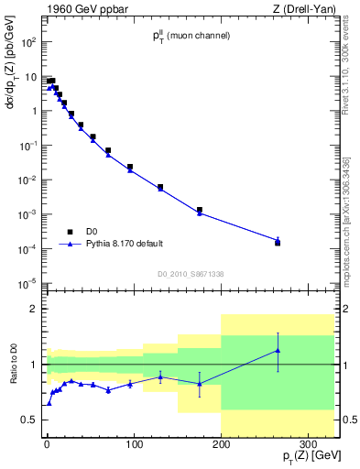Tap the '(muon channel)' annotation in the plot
tap(203, 36)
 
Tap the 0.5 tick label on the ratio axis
tap(28, 420)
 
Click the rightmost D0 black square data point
tap(278, 243)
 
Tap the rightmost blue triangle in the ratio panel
tap(278, 351)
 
